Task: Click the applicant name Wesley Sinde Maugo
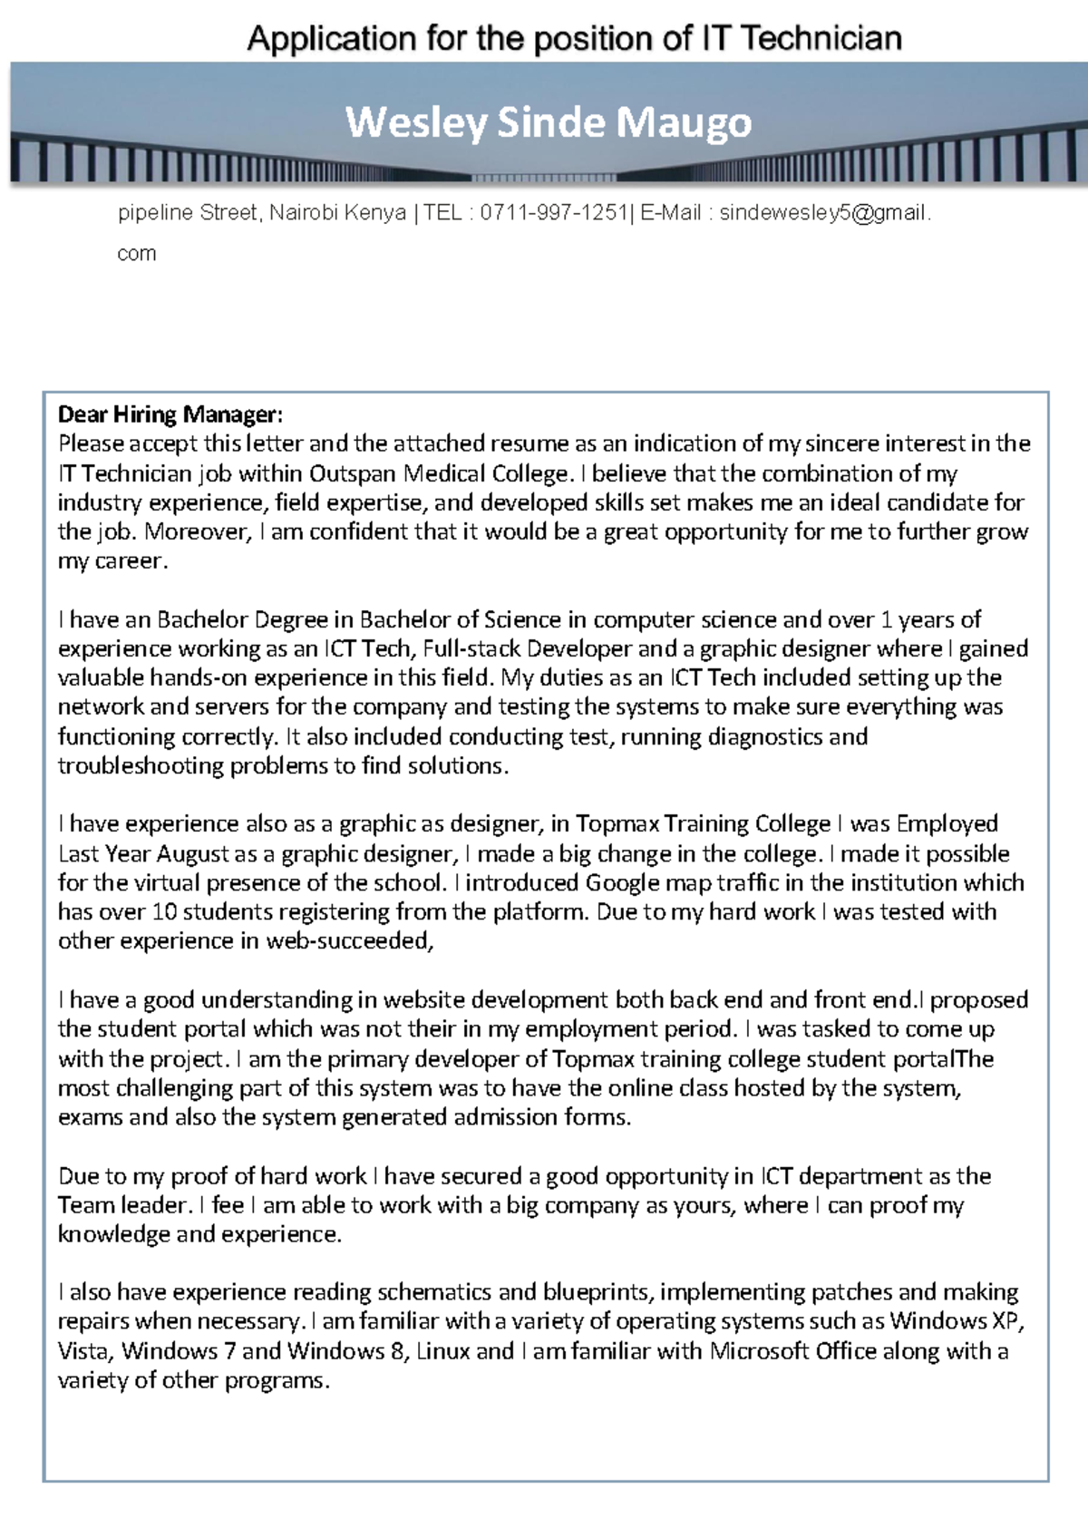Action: (549, 122)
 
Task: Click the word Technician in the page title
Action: (821, 39)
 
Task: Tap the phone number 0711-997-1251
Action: (554, 213)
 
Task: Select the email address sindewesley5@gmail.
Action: (823, 213)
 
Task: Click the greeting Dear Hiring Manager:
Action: (170, 415)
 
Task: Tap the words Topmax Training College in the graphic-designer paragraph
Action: (703, 824)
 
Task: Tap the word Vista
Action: (83, 1351)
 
